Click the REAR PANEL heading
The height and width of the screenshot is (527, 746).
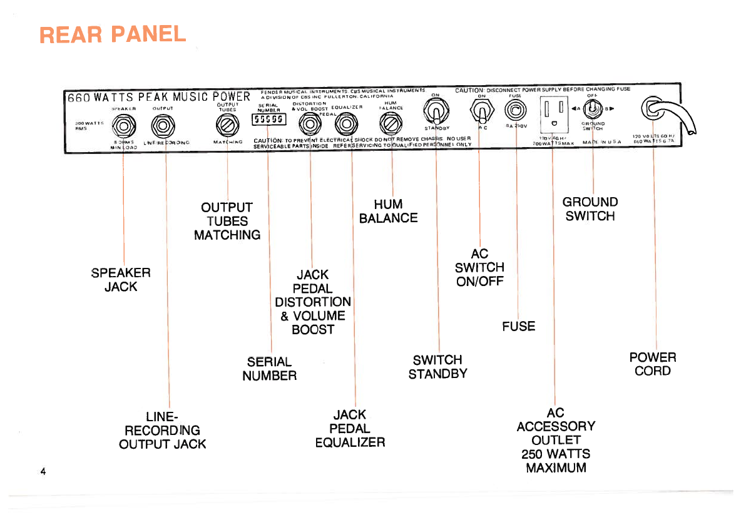[113, 34]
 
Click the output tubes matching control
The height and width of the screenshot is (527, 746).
[227, 125]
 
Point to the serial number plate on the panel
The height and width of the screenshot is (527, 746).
[268, 120]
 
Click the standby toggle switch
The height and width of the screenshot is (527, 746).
[436, 113]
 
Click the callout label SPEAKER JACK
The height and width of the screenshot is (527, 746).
[121, 280]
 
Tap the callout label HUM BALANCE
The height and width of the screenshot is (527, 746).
[388, 212]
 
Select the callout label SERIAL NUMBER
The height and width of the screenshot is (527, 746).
[270, 369]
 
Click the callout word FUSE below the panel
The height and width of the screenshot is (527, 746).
[518, 326]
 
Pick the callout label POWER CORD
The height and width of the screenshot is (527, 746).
[653, 364]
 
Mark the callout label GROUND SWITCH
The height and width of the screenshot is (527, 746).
[590, 209]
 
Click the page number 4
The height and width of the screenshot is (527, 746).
[43, 471]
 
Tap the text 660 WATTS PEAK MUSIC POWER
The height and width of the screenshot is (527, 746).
[160, 98]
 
